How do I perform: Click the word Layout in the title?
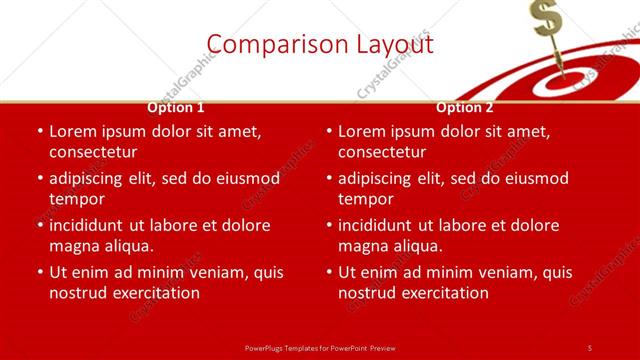pyautogui.click(x=394, y=44)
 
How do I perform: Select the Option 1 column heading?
pyautogui.click(x=176, y=108)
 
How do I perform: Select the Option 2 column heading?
pyautogui.click(x=465, y=108)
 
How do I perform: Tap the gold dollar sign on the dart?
pyautogui.click(x=546, y=18)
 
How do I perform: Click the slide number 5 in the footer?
pyautogui.click(x=590, y=347)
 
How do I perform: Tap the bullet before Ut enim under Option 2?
pyautogui.click(x=329, y=272)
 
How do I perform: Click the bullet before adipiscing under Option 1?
pyautogui.click(x=40, y=178)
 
